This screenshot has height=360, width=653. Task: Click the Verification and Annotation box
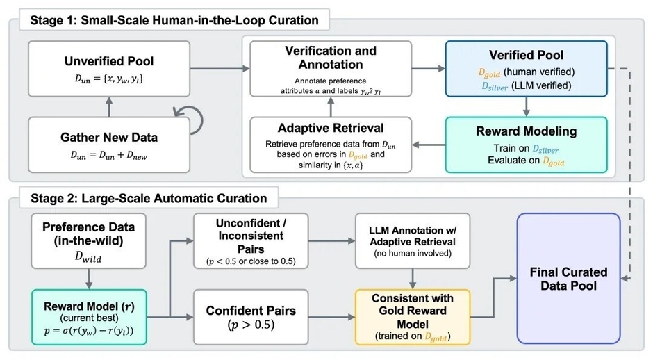[331, 67]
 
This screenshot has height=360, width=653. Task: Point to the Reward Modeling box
[526, 144]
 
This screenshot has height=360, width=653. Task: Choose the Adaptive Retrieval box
[331, 144]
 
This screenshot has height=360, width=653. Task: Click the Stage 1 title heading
[174, 20]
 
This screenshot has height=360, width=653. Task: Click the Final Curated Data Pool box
[568, 277]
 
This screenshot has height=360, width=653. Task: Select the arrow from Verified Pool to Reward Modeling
[527, 105]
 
